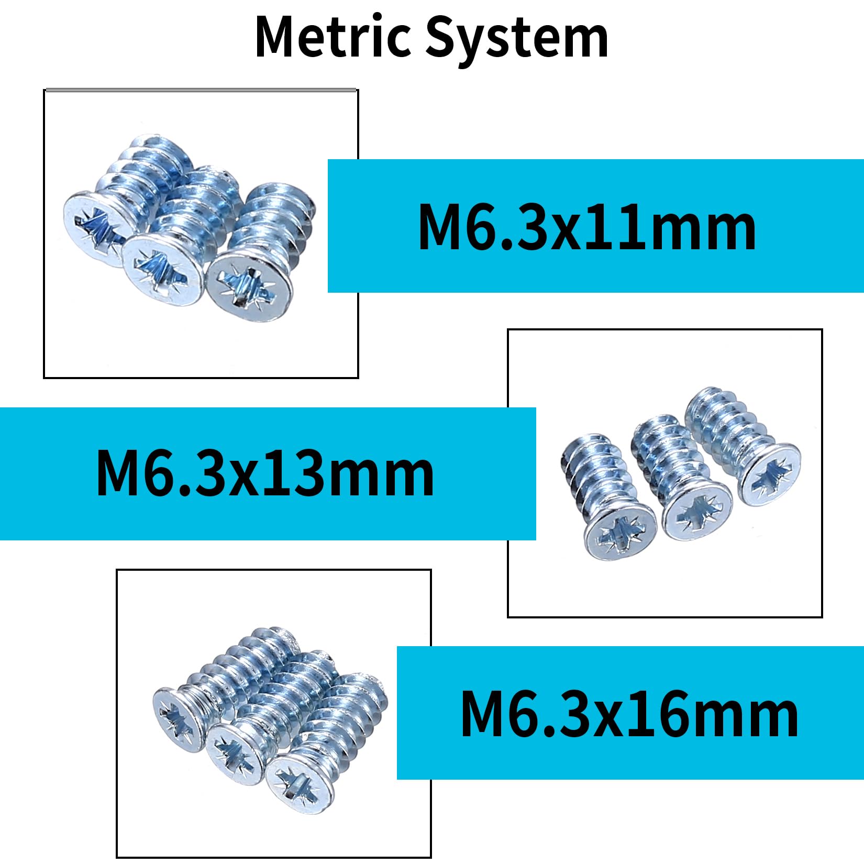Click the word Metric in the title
point(333,37)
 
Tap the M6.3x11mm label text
point(587,227)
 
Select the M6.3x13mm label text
point(265,473)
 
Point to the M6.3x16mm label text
point(629,713)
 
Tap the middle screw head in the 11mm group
point(163,269)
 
